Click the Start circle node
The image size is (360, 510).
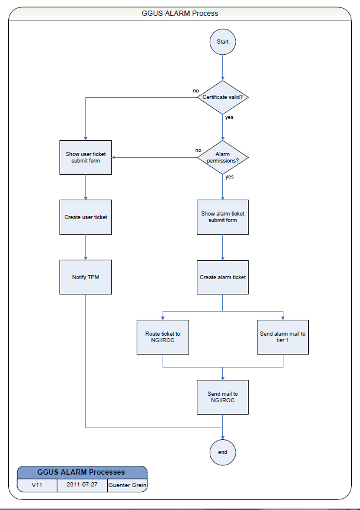pos(223,42)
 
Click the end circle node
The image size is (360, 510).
pos(223,452)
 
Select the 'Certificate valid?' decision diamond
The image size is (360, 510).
pos(223,98)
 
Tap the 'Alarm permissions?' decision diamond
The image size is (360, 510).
pos(223,157)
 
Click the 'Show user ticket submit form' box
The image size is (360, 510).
pos(86,157)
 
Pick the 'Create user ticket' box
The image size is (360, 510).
pos(86,217)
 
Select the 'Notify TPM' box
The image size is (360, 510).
pos(86,277)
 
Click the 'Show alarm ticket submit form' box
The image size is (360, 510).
pos(223,217)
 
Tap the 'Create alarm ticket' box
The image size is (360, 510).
pos(223,277)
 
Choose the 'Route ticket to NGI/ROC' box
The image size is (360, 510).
pos(163,337)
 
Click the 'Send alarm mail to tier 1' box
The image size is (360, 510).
pos(283,337)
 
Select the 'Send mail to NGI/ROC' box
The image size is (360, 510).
pos(223,397)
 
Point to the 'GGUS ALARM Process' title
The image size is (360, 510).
pos(180,13)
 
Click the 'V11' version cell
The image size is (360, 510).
pos(37,485)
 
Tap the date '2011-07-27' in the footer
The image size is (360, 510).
pos(82,485)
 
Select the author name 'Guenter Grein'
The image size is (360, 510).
pos(127,485)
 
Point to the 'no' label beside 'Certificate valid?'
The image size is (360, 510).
pos(196,91)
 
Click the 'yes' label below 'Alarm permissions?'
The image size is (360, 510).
pos(229,176)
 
